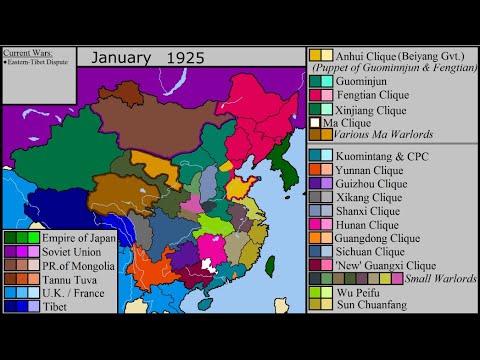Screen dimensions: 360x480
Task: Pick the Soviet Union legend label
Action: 72,251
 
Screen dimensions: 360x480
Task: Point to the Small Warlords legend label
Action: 439,278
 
